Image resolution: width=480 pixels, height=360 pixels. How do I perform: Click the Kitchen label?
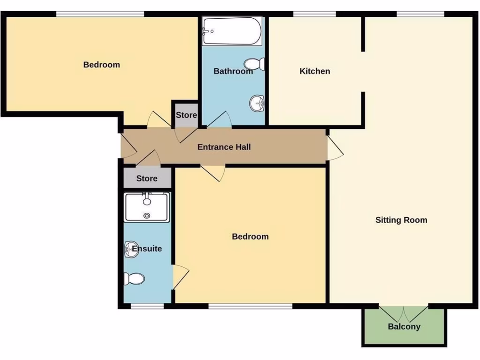[315, 71]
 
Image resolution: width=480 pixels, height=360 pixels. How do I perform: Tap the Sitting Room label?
[401, 220]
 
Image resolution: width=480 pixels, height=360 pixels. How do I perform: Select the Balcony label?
[404, 327]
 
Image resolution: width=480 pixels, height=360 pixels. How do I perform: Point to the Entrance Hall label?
[224, 147]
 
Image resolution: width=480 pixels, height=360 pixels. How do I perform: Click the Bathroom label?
[233, 71]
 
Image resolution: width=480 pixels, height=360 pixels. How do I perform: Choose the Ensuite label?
[147, 248]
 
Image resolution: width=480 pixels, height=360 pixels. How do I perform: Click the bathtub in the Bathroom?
[232, 31]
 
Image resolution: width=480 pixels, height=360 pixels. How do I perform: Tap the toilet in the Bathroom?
[255, 64]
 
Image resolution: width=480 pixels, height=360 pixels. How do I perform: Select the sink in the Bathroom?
[257, 102]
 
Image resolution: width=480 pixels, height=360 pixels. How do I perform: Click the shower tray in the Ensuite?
[147, 207]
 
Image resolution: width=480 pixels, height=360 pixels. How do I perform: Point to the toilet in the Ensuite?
[134, 279]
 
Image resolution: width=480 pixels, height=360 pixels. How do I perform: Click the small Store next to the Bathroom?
[186, 115]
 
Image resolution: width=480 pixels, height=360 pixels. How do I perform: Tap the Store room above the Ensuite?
[147, 179]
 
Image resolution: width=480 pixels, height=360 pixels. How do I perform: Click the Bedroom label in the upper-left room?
[101, 65]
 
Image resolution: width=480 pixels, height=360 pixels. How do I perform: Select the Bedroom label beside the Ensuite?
[250, 237]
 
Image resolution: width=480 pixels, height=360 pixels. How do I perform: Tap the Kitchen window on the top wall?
[311, 14]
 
